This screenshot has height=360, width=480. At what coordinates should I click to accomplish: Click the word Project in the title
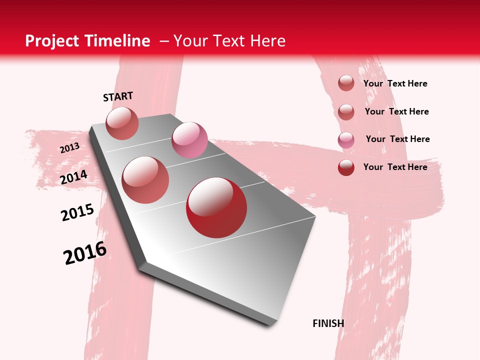[52, 41]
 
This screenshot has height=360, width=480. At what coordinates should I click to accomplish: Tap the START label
[118, 96]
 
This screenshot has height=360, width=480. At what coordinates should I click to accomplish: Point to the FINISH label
[328, 323]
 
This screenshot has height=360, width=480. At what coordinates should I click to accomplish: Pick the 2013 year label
[69, 148]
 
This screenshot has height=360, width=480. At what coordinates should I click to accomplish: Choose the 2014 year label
[74, 177]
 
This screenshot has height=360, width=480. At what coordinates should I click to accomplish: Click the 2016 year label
[85, 253]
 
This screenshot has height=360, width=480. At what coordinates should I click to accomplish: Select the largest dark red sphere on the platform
[216, 207]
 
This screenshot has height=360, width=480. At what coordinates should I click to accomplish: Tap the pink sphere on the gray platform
[189, 140]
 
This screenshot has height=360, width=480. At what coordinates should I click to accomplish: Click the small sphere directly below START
[122, 123]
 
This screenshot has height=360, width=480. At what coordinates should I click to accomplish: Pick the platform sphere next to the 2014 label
[145, 179]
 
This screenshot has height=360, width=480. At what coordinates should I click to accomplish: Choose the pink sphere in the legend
[346, 140]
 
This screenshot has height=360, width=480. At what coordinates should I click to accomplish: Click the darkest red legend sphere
[346, 167]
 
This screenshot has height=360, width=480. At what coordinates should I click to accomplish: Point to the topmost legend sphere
[346, 83]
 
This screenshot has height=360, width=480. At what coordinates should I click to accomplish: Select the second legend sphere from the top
[346, 112]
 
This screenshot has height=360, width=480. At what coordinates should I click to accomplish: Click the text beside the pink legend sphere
[397, 139]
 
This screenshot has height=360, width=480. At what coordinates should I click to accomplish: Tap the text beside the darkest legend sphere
[395, 167]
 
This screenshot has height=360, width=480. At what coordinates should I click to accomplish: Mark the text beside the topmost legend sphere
[395, 83]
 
